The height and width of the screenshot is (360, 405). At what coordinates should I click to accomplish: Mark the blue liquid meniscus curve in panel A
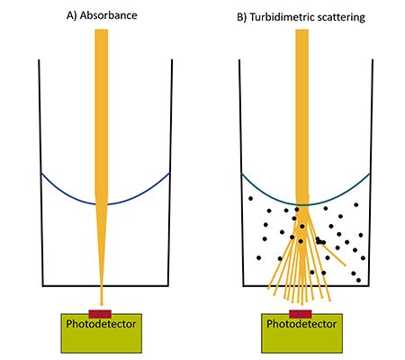pos(63,188)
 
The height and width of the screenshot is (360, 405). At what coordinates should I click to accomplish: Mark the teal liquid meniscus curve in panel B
pos(261,188)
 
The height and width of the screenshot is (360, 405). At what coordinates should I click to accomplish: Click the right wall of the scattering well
pos(369,180)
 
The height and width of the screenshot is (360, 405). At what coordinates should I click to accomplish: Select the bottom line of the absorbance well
pos(72,287)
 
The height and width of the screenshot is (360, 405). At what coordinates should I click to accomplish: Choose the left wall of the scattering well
pos(238,180)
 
